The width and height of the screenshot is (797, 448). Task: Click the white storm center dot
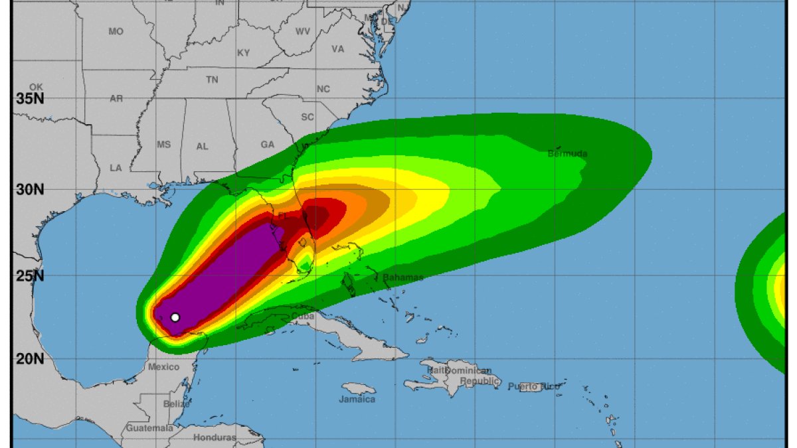click(x=175, y=317)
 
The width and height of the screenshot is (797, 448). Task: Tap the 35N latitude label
click(x=30, y=100)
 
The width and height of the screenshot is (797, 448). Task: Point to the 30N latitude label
click(x=30, y=189)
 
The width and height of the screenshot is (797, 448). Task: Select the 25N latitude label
click(x=30, y=275)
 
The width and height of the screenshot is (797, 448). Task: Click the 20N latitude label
click(x=30, y=359)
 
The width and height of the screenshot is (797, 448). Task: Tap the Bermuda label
click(x=567, y=154)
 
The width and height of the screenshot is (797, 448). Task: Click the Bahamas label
click(x=402, y=277)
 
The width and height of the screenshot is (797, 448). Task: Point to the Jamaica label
click(x=357, y=400)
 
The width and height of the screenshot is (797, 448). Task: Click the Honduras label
click(x=215, y=437)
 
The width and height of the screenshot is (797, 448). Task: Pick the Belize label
click(x=176, y=404)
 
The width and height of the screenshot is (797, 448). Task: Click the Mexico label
click(x=163, y=367)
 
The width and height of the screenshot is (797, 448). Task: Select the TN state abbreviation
click(x=212, y=80)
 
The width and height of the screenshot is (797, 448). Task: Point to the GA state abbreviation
click(x=267, y=145)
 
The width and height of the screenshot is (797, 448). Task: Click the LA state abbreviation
click(x=116, y=168)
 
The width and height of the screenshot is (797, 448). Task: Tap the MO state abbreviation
click(x=116, y=31)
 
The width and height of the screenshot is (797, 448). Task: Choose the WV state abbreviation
click(x=303, y=31)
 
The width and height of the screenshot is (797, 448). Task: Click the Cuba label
click(x=303, y=316)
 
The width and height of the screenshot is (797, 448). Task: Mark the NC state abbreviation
click(x=323, y=89)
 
